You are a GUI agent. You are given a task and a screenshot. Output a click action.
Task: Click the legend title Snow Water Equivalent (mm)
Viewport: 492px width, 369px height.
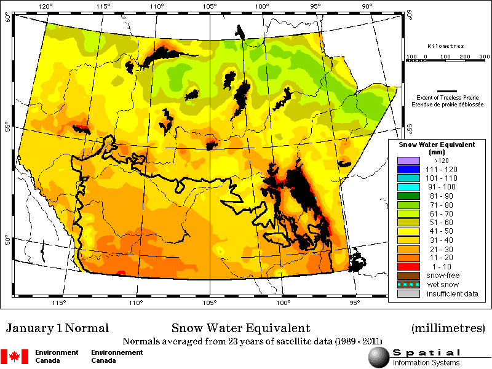tap(437, 147)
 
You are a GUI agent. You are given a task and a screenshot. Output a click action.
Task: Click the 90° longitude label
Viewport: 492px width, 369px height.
tap(367, 7)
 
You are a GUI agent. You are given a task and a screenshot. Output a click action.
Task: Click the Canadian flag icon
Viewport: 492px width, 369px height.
tap(15, 356)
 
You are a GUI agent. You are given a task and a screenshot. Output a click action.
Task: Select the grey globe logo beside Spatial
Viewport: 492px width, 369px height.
tap(378, 356)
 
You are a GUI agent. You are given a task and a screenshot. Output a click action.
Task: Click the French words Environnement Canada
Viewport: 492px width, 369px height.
tap(117, 356)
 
